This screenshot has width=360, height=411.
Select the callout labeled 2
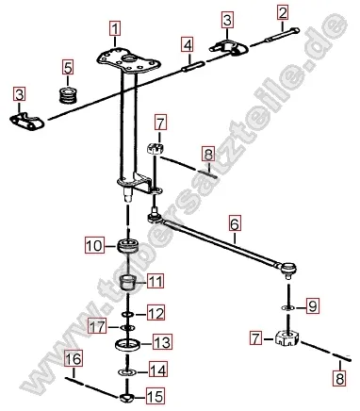[x=282, y=12]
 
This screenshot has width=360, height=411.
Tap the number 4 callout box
[x=188, y=44]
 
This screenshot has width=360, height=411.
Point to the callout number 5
[x=68, y=67]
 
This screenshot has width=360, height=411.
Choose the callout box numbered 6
[x=235, y=224]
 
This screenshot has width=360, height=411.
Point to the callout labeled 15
[x=155, y=397]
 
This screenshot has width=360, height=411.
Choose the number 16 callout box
[x=73, y=358]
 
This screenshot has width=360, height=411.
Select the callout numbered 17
[x=96, y=327]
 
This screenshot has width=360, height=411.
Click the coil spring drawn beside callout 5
[x=68, y=93]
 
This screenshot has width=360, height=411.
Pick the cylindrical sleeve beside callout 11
[x=129, y=281]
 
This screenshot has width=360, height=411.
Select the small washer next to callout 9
[x=287, y=307]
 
